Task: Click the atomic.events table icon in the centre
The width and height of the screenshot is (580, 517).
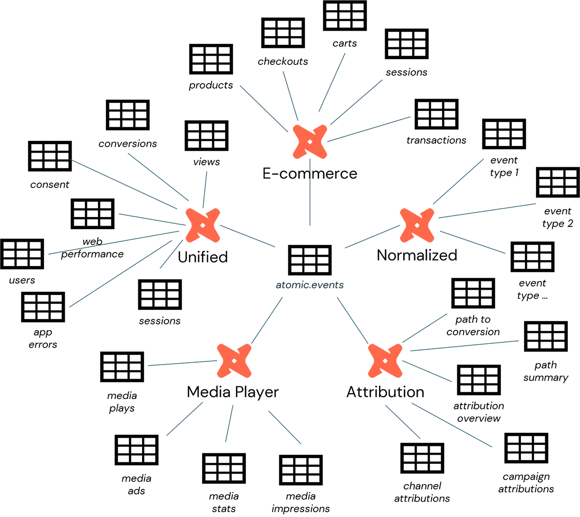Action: click(310, 260)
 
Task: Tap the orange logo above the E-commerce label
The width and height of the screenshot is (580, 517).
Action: click(310, 142)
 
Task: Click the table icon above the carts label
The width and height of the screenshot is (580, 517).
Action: click(345, 16)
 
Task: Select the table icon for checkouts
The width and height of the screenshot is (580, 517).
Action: click(283, 33)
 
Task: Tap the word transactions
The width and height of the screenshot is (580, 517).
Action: click(436, 140)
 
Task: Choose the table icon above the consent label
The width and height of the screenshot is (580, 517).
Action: click(50, 156)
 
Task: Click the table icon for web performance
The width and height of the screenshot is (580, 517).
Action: click(92, 213)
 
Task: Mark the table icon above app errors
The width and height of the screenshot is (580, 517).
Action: click(43, 307)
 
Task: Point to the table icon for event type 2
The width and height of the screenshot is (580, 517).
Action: click(558, 183)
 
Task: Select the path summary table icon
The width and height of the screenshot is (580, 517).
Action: click(546, 337)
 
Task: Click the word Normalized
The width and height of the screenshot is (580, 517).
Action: click(417, 255)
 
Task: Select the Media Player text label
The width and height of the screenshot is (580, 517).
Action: click(232, 392)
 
